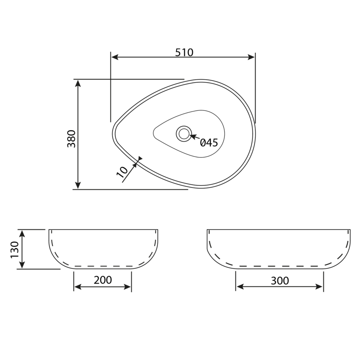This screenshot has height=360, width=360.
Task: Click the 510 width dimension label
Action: pos(184,52)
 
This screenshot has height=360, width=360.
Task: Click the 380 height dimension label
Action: pos(71,138)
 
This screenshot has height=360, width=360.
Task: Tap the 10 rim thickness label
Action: pos(122,171)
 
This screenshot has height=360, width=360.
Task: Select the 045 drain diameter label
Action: pos(208,142)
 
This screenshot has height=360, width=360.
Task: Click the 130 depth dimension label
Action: pos(15,249)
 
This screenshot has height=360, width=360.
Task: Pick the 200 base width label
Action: pos(103,280)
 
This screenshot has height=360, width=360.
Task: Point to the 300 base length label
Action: pos(280,281)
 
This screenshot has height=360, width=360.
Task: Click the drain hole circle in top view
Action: pos(184,133)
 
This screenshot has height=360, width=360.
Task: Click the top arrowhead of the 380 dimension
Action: pos(78,83)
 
